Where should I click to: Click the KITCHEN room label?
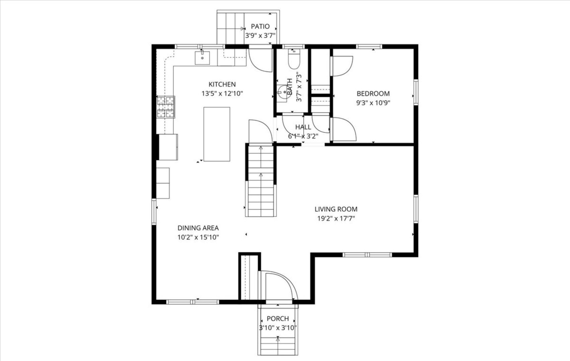click(x=222, y=84)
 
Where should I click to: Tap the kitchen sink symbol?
click(x=202, y=58)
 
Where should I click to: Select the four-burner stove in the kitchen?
click(x=166, y=107)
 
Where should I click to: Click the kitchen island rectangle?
click(x=217, y=134)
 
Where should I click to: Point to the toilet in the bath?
click(x=294, y=61)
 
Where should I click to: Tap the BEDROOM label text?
click(x=373, y=94)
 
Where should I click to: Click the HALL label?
click(x=303, y=127)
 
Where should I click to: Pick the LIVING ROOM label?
click(x=336, y=209)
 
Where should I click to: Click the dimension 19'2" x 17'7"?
click(x=336, y=219)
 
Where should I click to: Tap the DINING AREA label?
click(x=198, y=228)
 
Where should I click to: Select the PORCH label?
click(x=277, y=319)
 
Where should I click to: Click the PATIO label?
click(x=260, y=26)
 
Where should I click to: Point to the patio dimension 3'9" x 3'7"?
click(x=260, y=35)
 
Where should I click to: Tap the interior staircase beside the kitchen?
click(x=261, y=180)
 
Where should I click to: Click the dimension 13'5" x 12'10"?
click(x=222, y=94)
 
